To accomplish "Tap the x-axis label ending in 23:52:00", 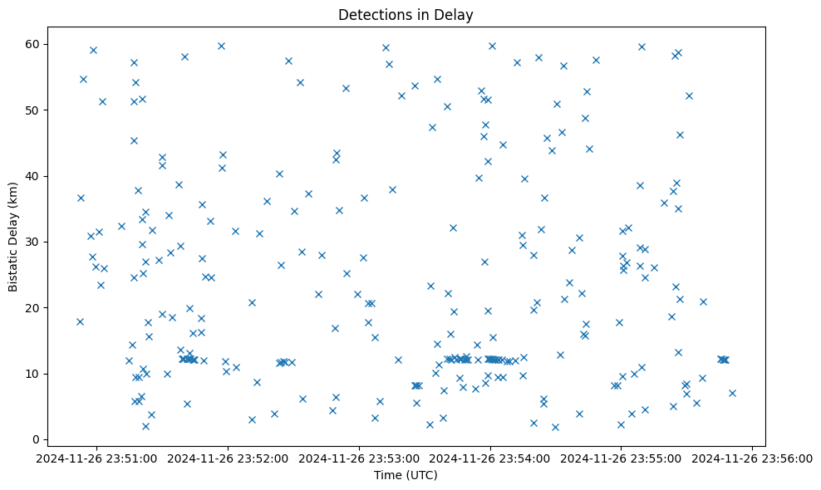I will (x=230, y=458).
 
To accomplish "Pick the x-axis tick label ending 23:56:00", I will (x=751, y=458).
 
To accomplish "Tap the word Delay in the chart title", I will (x=455, y=15).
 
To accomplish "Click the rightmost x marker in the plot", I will (x=732, y=393).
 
